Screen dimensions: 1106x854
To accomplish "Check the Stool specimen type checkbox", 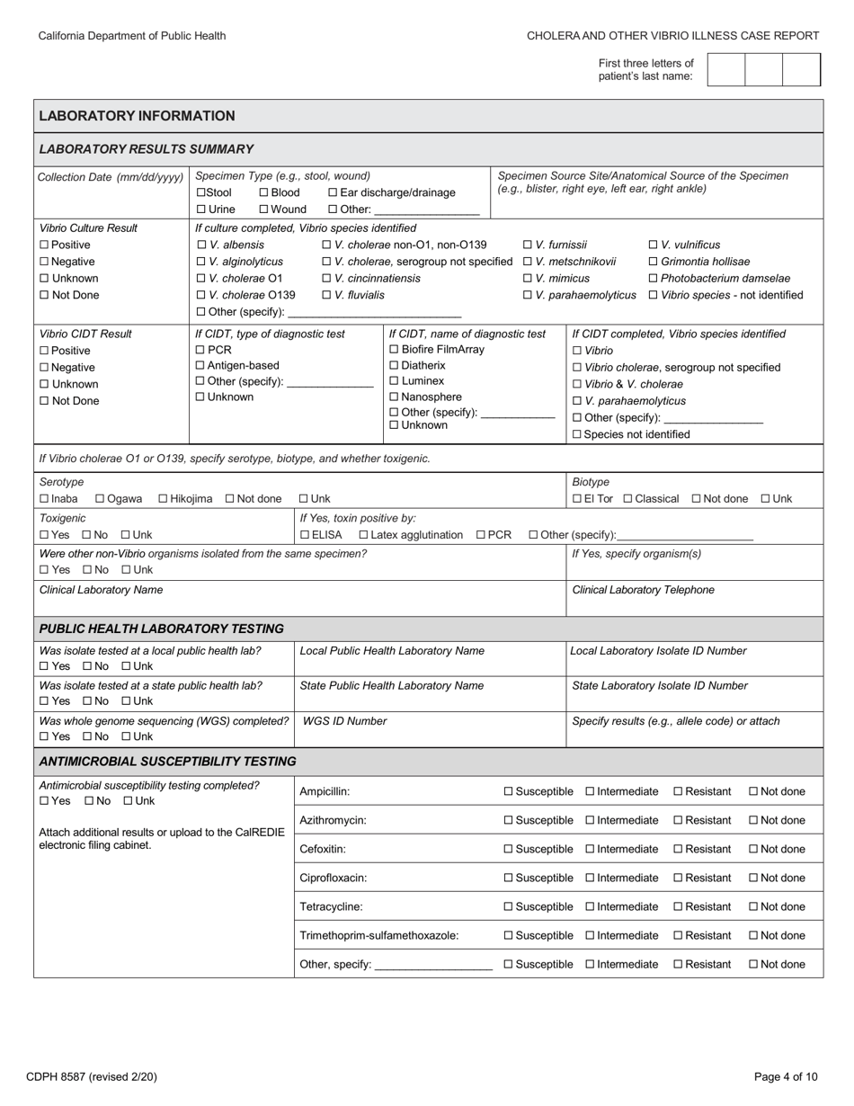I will pos(200,192).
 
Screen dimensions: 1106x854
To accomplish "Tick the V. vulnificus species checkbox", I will pos(654,245).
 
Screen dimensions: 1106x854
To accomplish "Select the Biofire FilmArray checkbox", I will pos(394,350).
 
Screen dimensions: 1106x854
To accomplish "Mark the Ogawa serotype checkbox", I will pos(100,499).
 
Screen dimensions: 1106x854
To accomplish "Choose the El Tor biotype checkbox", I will pos(577,499).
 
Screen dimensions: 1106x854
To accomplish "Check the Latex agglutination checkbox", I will pos(363,535).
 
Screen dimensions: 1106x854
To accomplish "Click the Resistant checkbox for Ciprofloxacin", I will pos(678,878).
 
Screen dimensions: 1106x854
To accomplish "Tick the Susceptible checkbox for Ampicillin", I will pos(508,791).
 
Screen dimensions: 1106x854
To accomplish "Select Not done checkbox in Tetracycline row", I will pos(753,906).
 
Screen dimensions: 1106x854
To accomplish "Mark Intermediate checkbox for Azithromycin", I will pos(590,820).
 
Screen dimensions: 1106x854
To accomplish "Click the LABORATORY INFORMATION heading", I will pos(137,116).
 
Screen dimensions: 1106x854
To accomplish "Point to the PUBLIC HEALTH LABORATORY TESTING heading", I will pos(161,629).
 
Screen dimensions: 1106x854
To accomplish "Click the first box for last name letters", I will pos(726,69).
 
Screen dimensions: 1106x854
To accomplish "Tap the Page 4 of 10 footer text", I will pos(786,1076).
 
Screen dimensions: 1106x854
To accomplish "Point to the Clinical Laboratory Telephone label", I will pos(643,590).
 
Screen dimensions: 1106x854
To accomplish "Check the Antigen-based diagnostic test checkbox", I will pos(200,366).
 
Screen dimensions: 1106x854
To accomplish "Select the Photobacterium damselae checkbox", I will pos(654,279).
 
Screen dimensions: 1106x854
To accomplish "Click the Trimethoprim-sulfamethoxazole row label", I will pos(378,935).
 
